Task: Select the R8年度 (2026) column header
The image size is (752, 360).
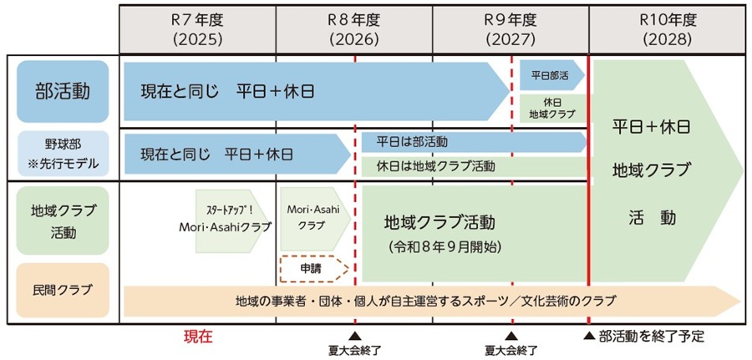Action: click(353, 29)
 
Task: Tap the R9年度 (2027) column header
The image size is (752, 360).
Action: click(510, 29)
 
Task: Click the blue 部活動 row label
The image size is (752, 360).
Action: click(63, 90)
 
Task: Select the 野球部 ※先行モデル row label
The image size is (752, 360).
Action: click(63, 154)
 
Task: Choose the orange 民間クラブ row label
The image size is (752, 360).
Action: click(63, 291)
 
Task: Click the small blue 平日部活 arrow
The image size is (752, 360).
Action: click(551, 74)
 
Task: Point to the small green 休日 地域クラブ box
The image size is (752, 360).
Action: click(552, 108)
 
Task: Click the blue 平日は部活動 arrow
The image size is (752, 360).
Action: click(472, 142)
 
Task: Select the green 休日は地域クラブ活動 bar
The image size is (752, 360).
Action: click(472, 165)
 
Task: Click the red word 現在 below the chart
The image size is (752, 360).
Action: click(199, 337)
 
